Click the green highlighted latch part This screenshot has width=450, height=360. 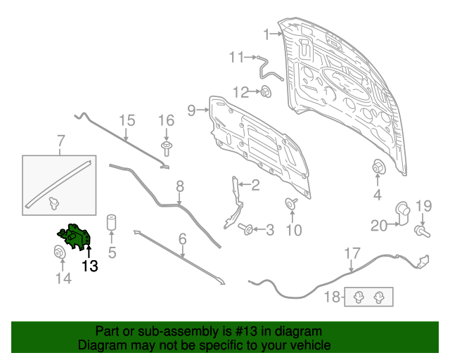pyautogui.click(x=75, y=237)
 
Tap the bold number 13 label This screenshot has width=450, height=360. pyautogui.click(x=90, y=266)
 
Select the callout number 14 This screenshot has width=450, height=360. pyautogui.click(x=63, y=278)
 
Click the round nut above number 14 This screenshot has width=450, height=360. pyautogui.click(x=60, y=252)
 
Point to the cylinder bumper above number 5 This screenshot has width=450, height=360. pyautogui.click(x=111, y=222)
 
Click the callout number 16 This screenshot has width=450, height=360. pyautogui.click(x=167, y=120)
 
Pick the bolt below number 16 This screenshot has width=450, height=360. pyautogui.click(x=166, y=148)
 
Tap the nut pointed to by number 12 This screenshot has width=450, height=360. pyautogui.click(x=266, y=92)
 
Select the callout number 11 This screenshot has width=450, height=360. pyautogui.click(x=236, y=57)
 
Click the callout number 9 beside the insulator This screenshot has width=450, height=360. pyautogui.click(x=191, y=110)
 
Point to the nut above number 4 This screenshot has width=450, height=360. pyautogui.click(x=378, y=167)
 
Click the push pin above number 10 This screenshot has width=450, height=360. pyautogui.click(x=291, y=203)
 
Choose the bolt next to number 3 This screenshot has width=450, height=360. pyautogui.click(x=245, y=229)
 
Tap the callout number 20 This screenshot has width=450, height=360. pyautogui.click(x=379, y=226)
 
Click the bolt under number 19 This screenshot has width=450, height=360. pyautogui.click(x=422, y=231)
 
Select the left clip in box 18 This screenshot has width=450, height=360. pyautogui.click(x=359, y=297)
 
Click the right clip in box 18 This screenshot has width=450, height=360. pyautogui.click(x=379, y=297)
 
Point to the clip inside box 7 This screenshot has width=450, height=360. pyautogui.click(x=53, y=203)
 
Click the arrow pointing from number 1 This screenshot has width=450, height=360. pyautogui.click(x=276, y=34)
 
